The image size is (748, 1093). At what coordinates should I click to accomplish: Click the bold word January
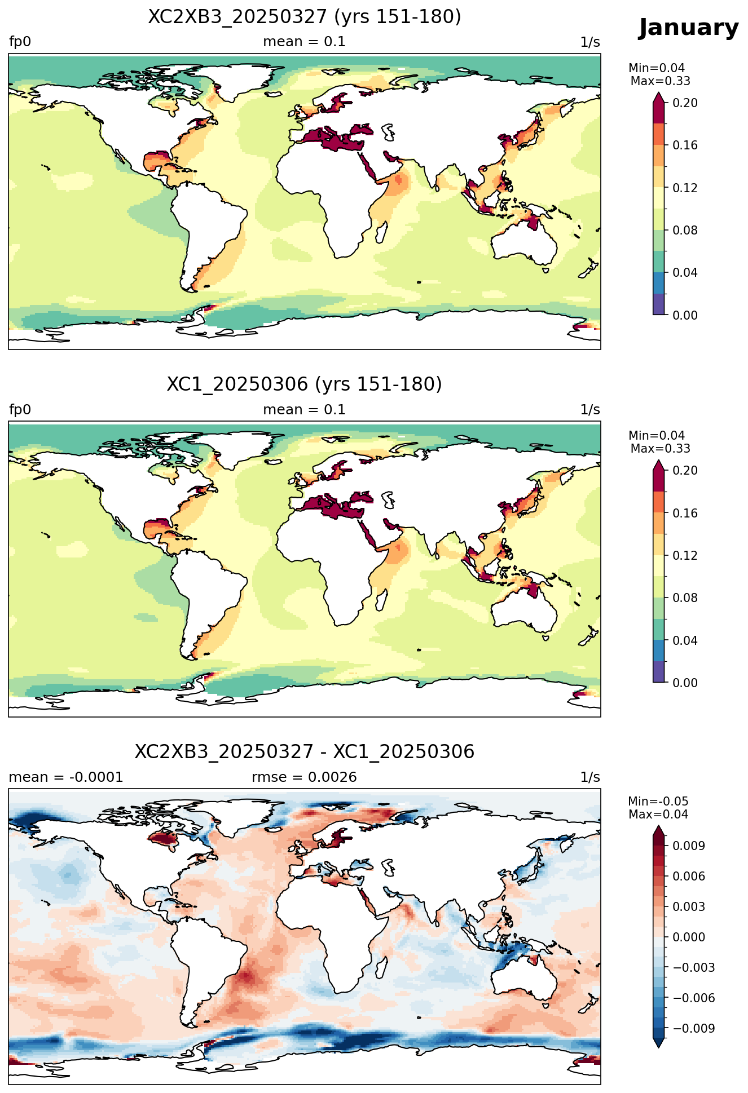click(x=688, y=28)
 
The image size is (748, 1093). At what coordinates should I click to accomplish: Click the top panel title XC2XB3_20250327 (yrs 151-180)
click(x=305, y=17)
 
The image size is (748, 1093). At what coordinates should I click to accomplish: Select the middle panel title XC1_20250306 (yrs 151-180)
click(x=305, y=384)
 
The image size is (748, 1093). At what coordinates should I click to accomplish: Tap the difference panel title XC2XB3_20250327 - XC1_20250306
click(x=305, y=752)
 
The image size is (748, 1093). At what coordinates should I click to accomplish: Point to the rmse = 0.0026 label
click(x=305, y=777)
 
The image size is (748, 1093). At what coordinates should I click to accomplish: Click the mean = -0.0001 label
click(x=66, y=777)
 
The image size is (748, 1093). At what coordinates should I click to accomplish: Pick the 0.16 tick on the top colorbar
click(x=685, y=145)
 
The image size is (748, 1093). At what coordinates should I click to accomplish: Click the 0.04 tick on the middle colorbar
click(x=685, y=640)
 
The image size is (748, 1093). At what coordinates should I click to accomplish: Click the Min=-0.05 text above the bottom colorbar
click(x=658, y=802)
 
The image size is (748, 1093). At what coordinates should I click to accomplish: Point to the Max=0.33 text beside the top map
click(x=660, y=81)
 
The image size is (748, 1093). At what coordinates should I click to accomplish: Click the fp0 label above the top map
click(x=20, y=42)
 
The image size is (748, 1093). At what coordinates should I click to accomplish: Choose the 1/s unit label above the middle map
click(x=590, y=410)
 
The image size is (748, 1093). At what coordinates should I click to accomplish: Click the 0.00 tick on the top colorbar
click(x=685, y=315)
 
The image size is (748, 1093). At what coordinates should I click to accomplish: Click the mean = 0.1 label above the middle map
click(x=305, y=410)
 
